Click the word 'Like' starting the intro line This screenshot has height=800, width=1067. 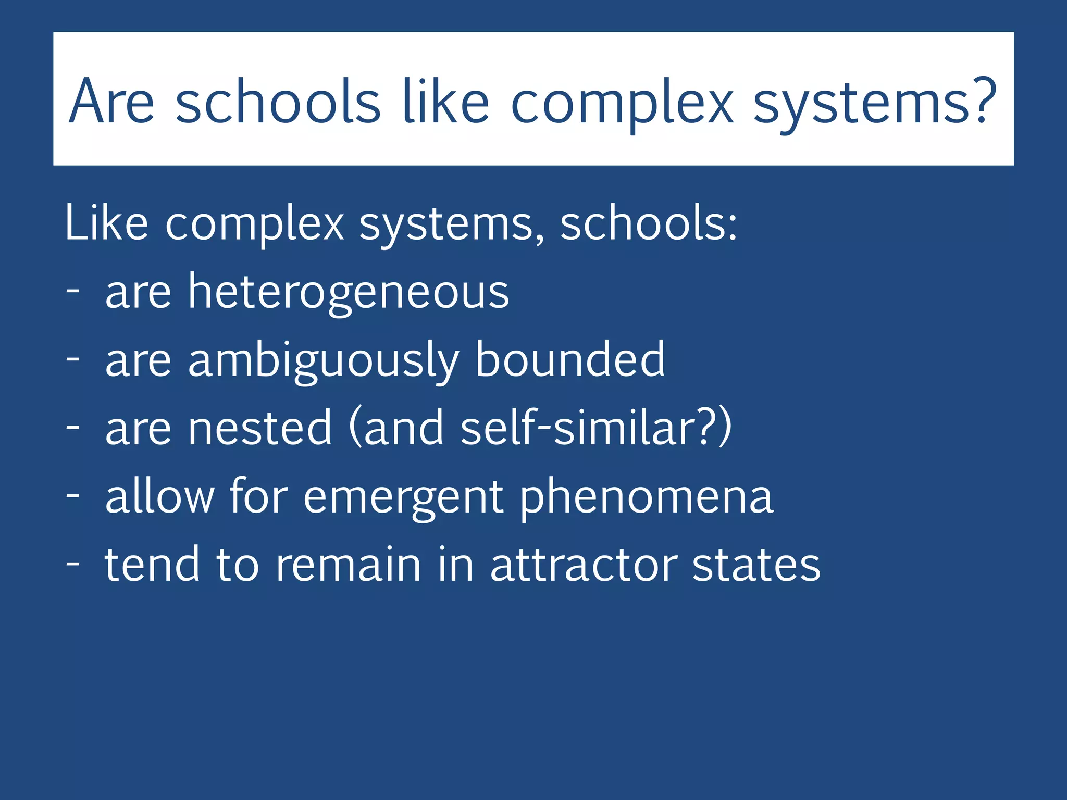pos(107,223)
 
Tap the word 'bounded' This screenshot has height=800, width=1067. pos(570,359)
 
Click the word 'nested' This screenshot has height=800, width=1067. pos(260,428)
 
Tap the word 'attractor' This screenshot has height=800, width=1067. pos(584,565)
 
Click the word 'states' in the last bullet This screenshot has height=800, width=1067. pos(756,565)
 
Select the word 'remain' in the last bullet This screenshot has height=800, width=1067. pos(348,565)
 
